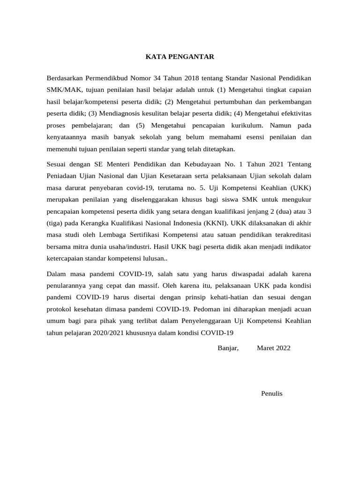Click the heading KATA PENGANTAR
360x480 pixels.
tap(180, 57)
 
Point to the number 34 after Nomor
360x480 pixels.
tap(153, 77)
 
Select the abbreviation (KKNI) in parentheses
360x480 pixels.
tap(213, 224)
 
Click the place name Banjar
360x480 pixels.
tap(228, 348)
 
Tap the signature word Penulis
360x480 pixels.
tap(272, 393)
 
